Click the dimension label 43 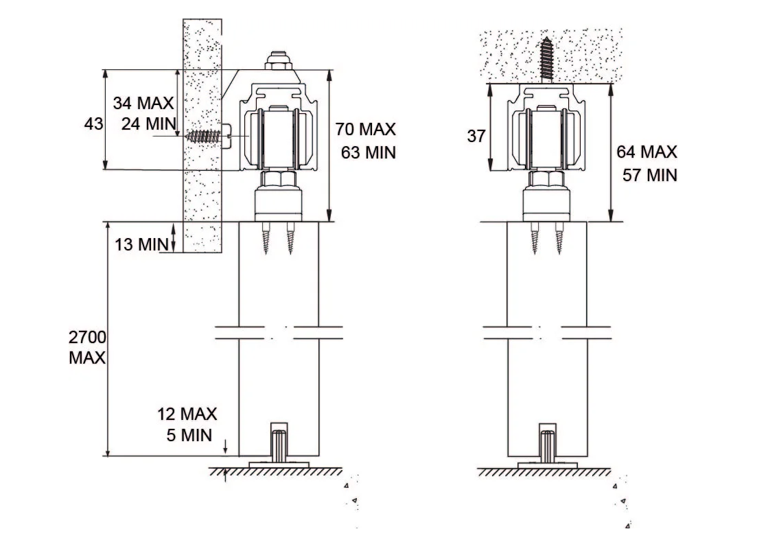click(95, 124)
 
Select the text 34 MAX click(143, 104)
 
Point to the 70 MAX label click(366, 130)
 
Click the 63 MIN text click(368, 152)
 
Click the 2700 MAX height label click(87, 348)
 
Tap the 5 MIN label click(189, 434)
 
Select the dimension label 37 click(476, 136)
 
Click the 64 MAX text click(647, 152)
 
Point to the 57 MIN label click(649, 174)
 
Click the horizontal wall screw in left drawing click(205, 136)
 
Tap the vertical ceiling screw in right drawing click(547, 58)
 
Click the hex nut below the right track click(547, 180)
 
